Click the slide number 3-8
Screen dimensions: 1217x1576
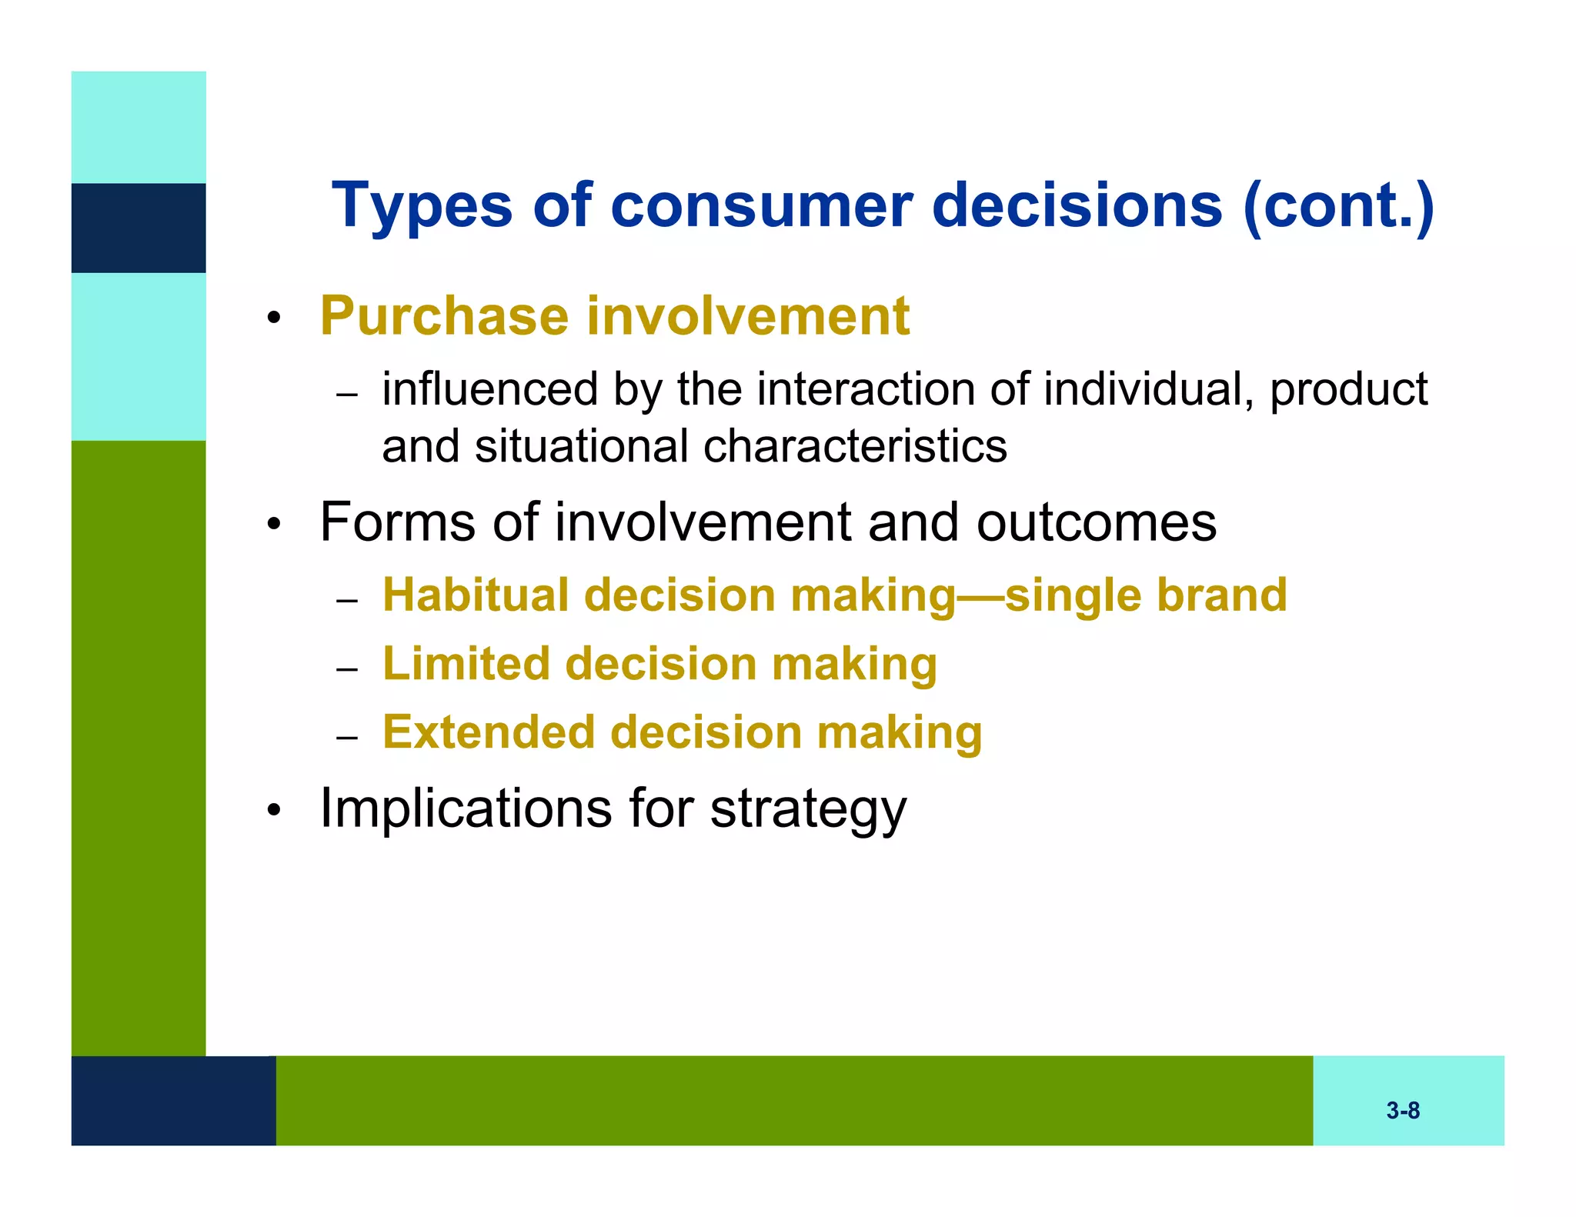tap(1403, 1110)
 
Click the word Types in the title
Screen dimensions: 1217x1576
tap(422, 206)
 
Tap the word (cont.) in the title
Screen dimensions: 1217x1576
tap(1338, 206)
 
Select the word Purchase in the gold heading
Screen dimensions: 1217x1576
tap(444, 317)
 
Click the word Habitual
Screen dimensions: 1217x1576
tap(475, 595)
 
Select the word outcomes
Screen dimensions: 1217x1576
tap(1096, 523)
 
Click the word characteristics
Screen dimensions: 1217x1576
tap(855, 447)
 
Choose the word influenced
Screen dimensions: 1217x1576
tap(490, 389)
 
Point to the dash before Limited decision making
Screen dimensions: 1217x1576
tap(348, 669)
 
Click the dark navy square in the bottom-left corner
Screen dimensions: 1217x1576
tap(173, 1100)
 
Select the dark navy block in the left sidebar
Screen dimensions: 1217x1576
tap(139, 228)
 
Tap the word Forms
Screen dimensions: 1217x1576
tap(396, 523)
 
